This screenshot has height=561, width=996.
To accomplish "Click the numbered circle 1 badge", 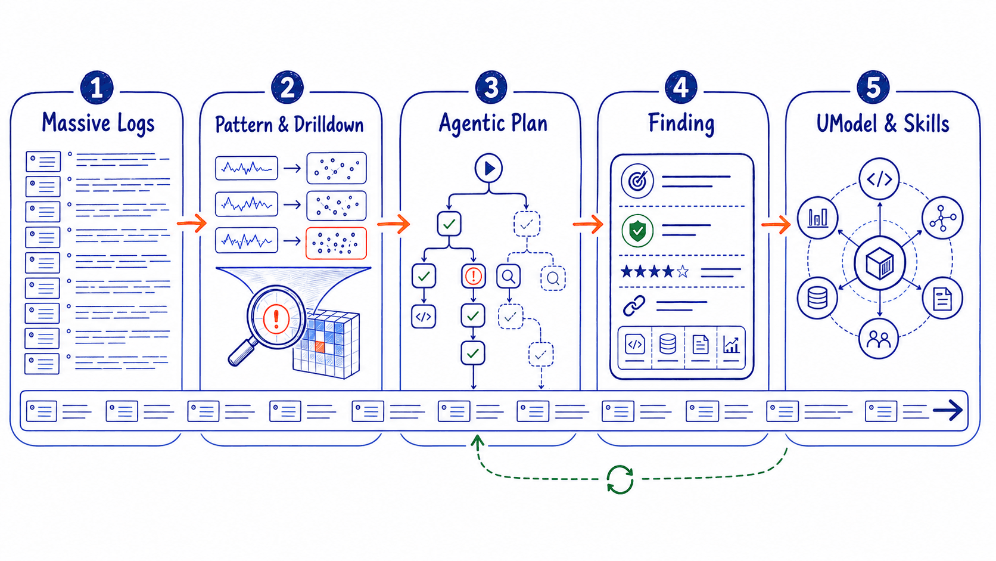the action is point(97,87).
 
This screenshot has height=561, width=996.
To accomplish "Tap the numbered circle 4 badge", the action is point(681,87).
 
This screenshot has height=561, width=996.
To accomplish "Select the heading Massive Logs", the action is point(98,123).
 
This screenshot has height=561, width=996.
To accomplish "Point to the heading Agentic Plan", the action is point(493,123).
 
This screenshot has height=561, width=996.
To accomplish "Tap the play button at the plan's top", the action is point(488,168).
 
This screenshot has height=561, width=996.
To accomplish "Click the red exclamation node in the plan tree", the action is point(473,276).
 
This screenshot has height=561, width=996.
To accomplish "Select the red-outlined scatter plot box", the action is point(336,243).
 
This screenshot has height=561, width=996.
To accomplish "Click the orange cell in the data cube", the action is point(320,346).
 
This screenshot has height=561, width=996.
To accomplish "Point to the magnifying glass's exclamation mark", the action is point(276,318).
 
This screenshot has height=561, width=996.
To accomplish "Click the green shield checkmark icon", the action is point(637,231).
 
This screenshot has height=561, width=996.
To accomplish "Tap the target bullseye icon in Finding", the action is point(637,181).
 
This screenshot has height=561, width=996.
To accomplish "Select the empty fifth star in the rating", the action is point(683,271).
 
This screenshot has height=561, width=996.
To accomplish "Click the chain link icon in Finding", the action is point(634,306).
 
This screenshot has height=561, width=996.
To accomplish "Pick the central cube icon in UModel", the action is point(879,264).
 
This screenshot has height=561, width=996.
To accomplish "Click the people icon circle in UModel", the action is point(878,339).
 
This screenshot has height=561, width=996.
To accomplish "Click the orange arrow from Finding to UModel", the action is point(776,224).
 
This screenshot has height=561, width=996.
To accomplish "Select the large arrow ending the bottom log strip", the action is point(948,410).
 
